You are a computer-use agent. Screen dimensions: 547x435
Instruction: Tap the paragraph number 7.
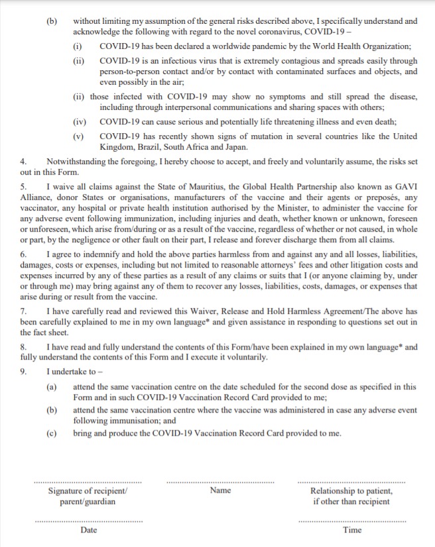[23, 311]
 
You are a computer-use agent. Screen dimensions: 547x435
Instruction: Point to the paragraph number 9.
[23, 372]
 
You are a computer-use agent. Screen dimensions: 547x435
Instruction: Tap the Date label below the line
[88, 530]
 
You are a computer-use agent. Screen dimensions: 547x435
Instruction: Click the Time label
[352, 530]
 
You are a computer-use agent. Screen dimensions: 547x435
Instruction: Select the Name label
[220, 491]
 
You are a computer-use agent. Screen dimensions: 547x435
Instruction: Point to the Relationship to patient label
[351, 491]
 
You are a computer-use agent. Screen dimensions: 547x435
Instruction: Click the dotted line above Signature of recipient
[88, 482]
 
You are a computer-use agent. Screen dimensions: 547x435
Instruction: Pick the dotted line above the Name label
[219, 482]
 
